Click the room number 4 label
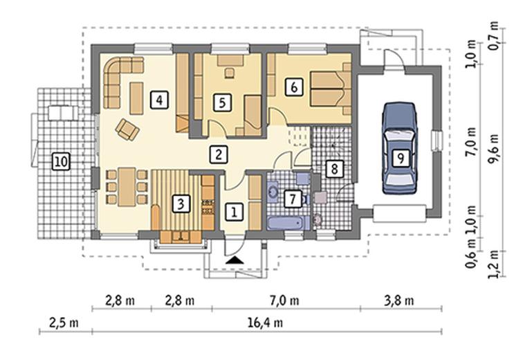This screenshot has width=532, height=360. (159, 100)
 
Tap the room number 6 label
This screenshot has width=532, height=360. (294, 87)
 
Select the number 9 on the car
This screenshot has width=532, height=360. (401, 158)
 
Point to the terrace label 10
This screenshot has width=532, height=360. (61, 161)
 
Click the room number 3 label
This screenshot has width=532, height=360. (181, 204)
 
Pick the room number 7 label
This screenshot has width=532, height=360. (293, 199)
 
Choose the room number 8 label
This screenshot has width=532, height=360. (335, 168)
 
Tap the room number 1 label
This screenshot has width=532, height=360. (234, 212)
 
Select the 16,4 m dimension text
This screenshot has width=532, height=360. (265, 323)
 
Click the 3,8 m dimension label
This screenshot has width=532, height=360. (398, 300)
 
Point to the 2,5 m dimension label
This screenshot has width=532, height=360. (64, 323)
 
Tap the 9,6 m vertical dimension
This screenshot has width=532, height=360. (494, 148)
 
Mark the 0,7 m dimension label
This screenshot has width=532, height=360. (494, 35)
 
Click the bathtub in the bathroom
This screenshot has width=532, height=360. (288, 224)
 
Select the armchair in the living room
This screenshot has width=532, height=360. (127, 129)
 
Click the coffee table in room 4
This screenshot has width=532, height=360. (136, 98)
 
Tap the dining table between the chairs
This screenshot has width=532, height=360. (127, 187)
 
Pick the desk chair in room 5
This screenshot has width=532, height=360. (230, 73)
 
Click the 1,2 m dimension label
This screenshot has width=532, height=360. (494, 264)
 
